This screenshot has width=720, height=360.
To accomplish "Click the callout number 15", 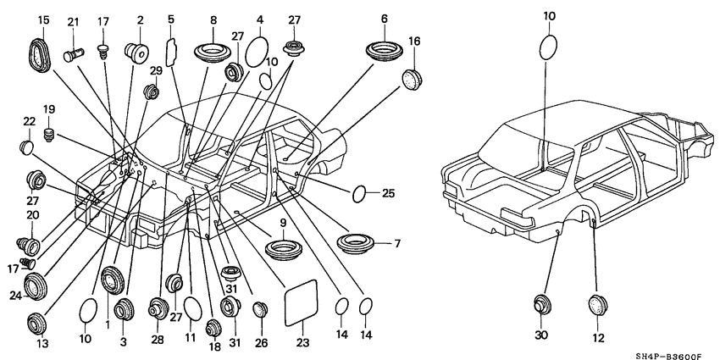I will (x=43, y=19).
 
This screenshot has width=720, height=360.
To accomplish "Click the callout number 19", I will (x=49, y=109).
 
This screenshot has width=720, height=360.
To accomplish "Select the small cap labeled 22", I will (x=27, y=149).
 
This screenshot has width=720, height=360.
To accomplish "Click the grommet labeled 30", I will (x=543, y=304).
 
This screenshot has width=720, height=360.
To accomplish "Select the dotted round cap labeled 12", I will (x=600, y=304).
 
